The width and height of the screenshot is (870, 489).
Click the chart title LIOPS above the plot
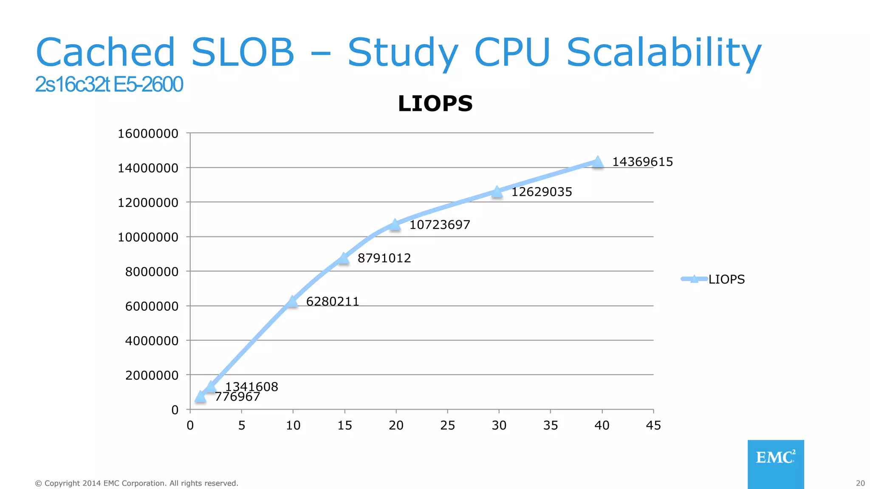point(435,104)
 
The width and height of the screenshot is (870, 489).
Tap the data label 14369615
point(642,162)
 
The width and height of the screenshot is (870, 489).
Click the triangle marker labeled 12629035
point(497,192)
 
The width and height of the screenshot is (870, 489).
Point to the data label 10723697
point(440,225)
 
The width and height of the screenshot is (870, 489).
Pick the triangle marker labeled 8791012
point(344,258)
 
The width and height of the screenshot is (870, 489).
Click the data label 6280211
point(333,301)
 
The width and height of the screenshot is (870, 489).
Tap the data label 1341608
point(251,386)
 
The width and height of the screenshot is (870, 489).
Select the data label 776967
point(237,397)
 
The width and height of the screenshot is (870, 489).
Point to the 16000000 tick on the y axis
point(148,134)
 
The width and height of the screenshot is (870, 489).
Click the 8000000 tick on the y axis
point(152,272)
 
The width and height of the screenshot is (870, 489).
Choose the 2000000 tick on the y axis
point(152,375)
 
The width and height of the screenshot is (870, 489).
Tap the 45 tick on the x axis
point(653,425)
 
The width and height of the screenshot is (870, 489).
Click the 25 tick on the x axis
point(447,425)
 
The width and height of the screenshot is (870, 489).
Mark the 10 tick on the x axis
point(293,425)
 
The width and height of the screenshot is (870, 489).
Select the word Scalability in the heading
point(664,53)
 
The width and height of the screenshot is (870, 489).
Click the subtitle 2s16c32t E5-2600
point(109,84)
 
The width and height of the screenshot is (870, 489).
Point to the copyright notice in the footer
point(136,483)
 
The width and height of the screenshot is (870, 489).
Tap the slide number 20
point(860,483)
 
